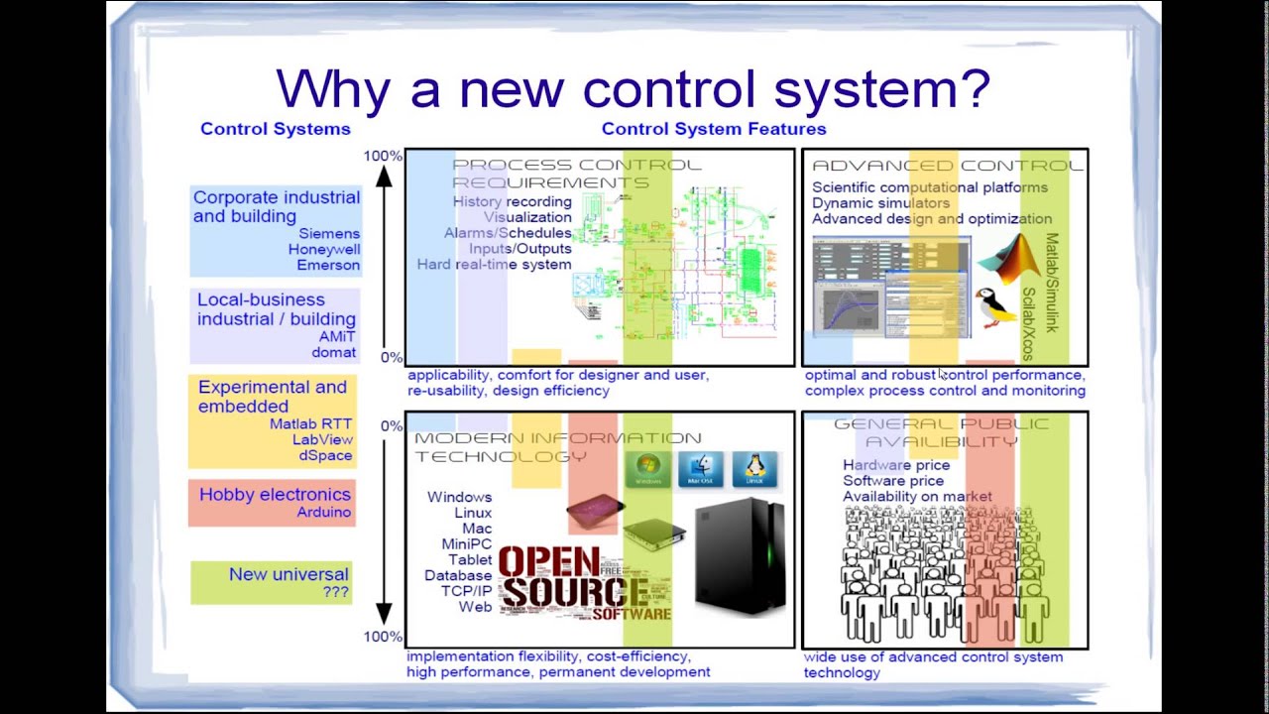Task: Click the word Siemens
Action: (329, 234)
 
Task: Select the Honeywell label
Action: (324, 250)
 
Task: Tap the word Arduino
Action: (324, 513)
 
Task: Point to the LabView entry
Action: (322, 439)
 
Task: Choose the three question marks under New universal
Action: (335, 592)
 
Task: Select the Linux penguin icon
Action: (754, 469)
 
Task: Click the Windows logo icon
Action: (649, 469)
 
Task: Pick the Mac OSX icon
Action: (701, 469)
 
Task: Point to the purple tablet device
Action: (595, 512)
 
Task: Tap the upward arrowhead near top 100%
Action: (385, 177)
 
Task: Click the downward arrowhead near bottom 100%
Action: (385, 614)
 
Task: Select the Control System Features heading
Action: (714, 129)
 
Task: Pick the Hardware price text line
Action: (896, 465)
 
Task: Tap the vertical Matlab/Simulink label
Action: (1052, 283)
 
